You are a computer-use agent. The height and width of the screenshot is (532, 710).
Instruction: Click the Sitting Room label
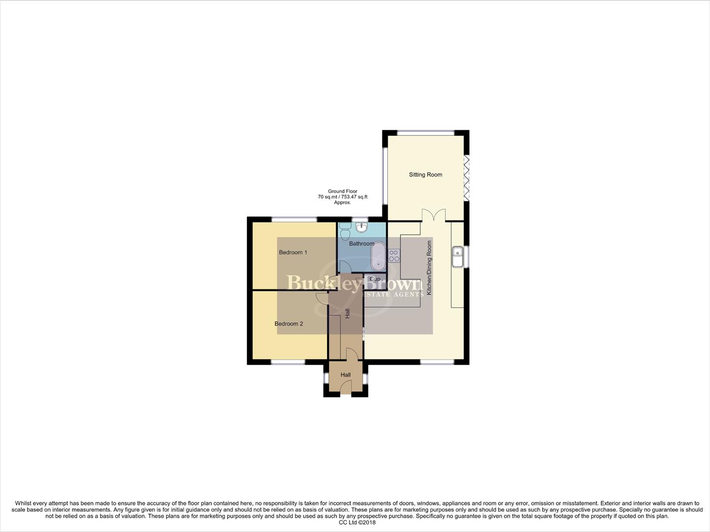click(x=425, y=174)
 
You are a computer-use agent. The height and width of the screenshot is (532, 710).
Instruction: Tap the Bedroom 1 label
click(x=293, y=252)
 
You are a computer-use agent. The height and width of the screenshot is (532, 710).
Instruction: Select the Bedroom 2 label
click(x=289, y=324)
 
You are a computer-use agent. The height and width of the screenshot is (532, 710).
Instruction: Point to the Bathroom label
click(x=362, y=243)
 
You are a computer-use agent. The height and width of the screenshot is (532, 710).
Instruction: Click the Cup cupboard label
click(x=375, y=279)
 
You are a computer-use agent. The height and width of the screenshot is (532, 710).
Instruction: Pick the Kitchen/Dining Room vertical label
click(x=429, y=267)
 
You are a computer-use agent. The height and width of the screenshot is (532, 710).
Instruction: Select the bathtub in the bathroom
click(x=378, y=257)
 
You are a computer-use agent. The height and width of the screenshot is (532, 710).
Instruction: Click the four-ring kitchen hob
click(x=394, y=255)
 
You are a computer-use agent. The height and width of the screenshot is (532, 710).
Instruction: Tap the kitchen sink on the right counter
click(x=458, y=256)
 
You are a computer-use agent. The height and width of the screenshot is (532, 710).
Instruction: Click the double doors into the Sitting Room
click(x=434, y=215)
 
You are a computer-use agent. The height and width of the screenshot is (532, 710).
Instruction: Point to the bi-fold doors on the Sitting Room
click(x=466, y=178)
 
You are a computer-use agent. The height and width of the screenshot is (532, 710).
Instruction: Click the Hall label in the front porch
click(x=345, y=375)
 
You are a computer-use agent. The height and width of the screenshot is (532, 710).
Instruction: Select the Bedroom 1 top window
click(x=294, y=219)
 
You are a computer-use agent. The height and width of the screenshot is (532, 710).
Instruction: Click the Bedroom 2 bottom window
click(x=288, y=363)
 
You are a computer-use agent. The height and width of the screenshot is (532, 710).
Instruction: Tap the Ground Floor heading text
click(x=342, y=191)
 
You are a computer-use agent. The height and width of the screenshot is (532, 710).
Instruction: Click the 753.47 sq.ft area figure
click(x=354, y=197)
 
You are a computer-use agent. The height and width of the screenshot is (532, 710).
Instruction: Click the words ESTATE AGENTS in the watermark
click(x=392, y=294)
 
